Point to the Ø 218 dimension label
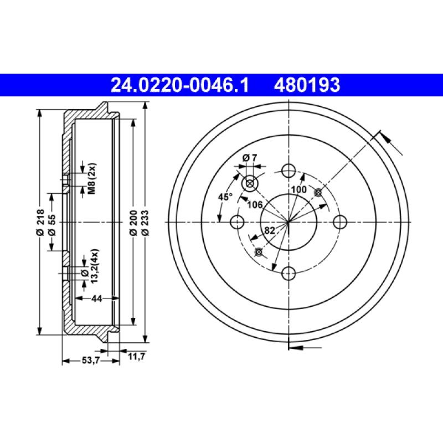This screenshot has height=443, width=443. (x=40, y=224)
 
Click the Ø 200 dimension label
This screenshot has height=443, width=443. (x=133, y=224)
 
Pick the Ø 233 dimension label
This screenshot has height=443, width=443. (x=145, y=224)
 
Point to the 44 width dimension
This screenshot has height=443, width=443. (x=96, y=299)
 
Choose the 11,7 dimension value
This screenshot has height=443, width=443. (x=136, y=357)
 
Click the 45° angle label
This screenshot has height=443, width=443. (x=224, y=197)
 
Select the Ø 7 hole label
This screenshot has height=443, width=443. (x=250, y=158)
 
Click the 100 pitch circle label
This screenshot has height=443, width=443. (x=299, y=189)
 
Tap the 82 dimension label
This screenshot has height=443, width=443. (x=270, y=229)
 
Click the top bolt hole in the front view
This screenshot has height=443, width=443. (x=288, y=170)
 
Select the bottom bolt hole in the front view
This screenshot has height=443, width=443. (x=288, y=273)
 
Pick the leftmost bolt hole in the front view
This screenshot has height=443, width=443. (x=236, y=222)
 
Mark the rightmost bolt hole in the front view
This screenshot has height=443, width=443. (x=339, y=222)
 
